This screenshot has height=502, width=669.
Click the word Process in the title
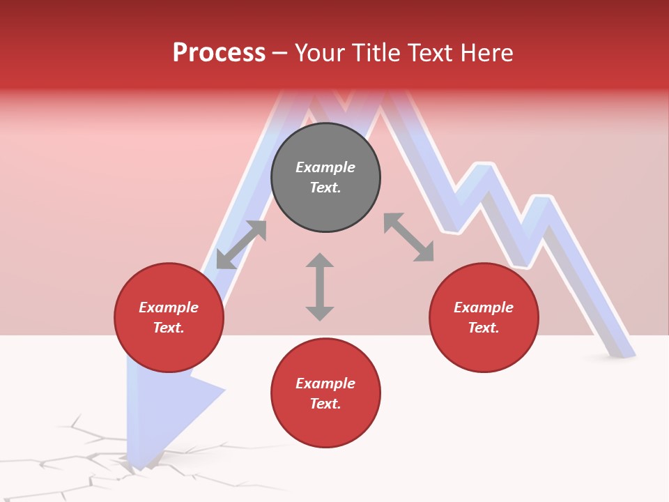219,53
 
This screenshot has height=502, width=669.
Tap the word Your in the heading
321,53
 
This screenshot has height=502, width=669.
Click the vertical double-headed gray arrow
320,287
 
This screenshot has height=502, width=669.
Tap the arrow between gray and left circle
241,245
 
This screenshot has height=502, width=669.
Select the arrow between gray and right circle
409,237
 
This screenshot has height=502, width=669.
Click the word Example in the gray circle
325,167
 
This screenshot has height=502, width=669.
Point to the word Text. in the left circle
169,328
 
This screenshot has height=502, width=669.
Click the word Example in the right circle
484,307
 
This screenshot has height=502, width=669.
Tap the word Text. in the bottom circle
325,404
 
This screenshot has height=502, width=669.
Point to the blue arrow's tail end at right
619,349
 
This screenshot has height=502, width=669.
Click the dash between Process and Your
280,53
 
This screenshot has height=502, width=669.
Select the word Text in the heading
427,53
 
